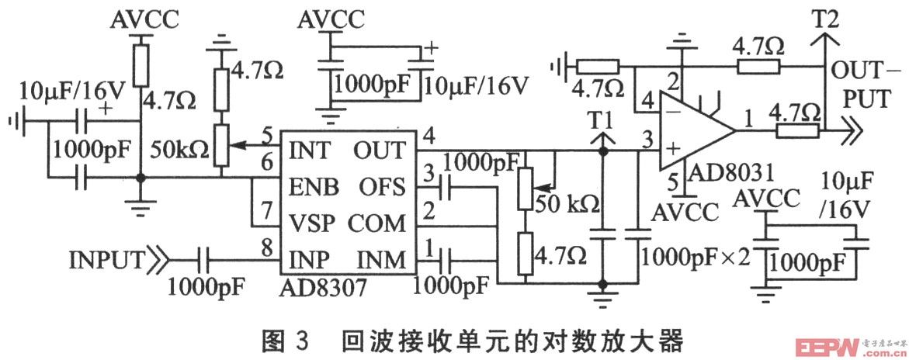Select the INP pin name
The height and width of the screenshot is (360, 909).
(307, 257)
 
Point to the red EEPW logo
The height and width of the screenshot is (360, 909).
(824, 345)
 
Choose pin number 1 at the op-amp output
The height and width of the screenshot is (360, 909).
(748, 120)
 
